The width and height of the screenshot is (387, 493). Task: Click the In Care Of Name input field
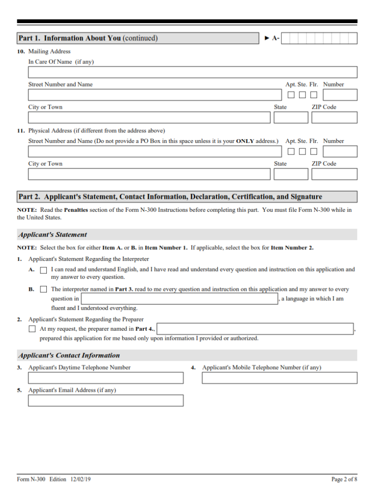tap(192, 72)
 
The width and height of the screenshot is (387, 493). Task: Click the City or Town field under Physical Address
tap(149, 174)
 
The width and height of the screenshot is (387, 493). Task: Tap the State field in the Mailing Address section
tap(291, 117)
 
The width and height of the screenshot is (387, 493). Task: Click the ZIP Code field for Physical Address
tap(334, 174)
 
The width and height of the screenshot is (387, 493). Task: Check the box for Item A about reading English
tap(44, 271)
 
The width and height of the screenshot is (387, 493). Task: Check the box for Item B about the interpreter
tap(44, 289)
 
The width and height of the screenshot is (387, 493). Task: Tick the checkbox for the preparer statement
tap(32, 329)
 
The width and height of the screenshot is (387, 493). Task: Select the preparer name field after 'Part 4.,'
tap(255, 329)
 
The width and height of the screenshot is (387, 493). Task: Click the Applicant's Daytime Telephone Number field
tap(106, 378)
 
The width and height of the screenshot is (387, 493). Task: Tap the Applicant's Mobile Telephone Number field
tap(280, 378)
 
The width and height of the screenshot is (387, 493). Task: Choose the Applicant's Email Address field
tap(106, 401)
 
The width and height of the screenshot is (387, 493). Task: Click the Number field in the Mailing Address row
tap(340, 95)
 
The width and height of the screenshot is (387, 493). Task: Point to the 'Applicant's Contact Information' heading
tap(69, 355)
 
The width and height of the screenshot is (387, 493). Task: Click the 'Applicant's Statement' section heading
tap(53, 234)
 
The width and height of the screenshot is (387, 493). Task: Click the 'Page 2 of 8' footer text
tap(344, 479)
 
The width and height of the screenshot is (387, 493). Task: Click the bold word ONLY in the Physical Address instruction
tap(245, 141)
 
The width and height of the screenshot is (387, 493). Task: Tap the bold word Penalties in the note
tap(76, 210)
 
